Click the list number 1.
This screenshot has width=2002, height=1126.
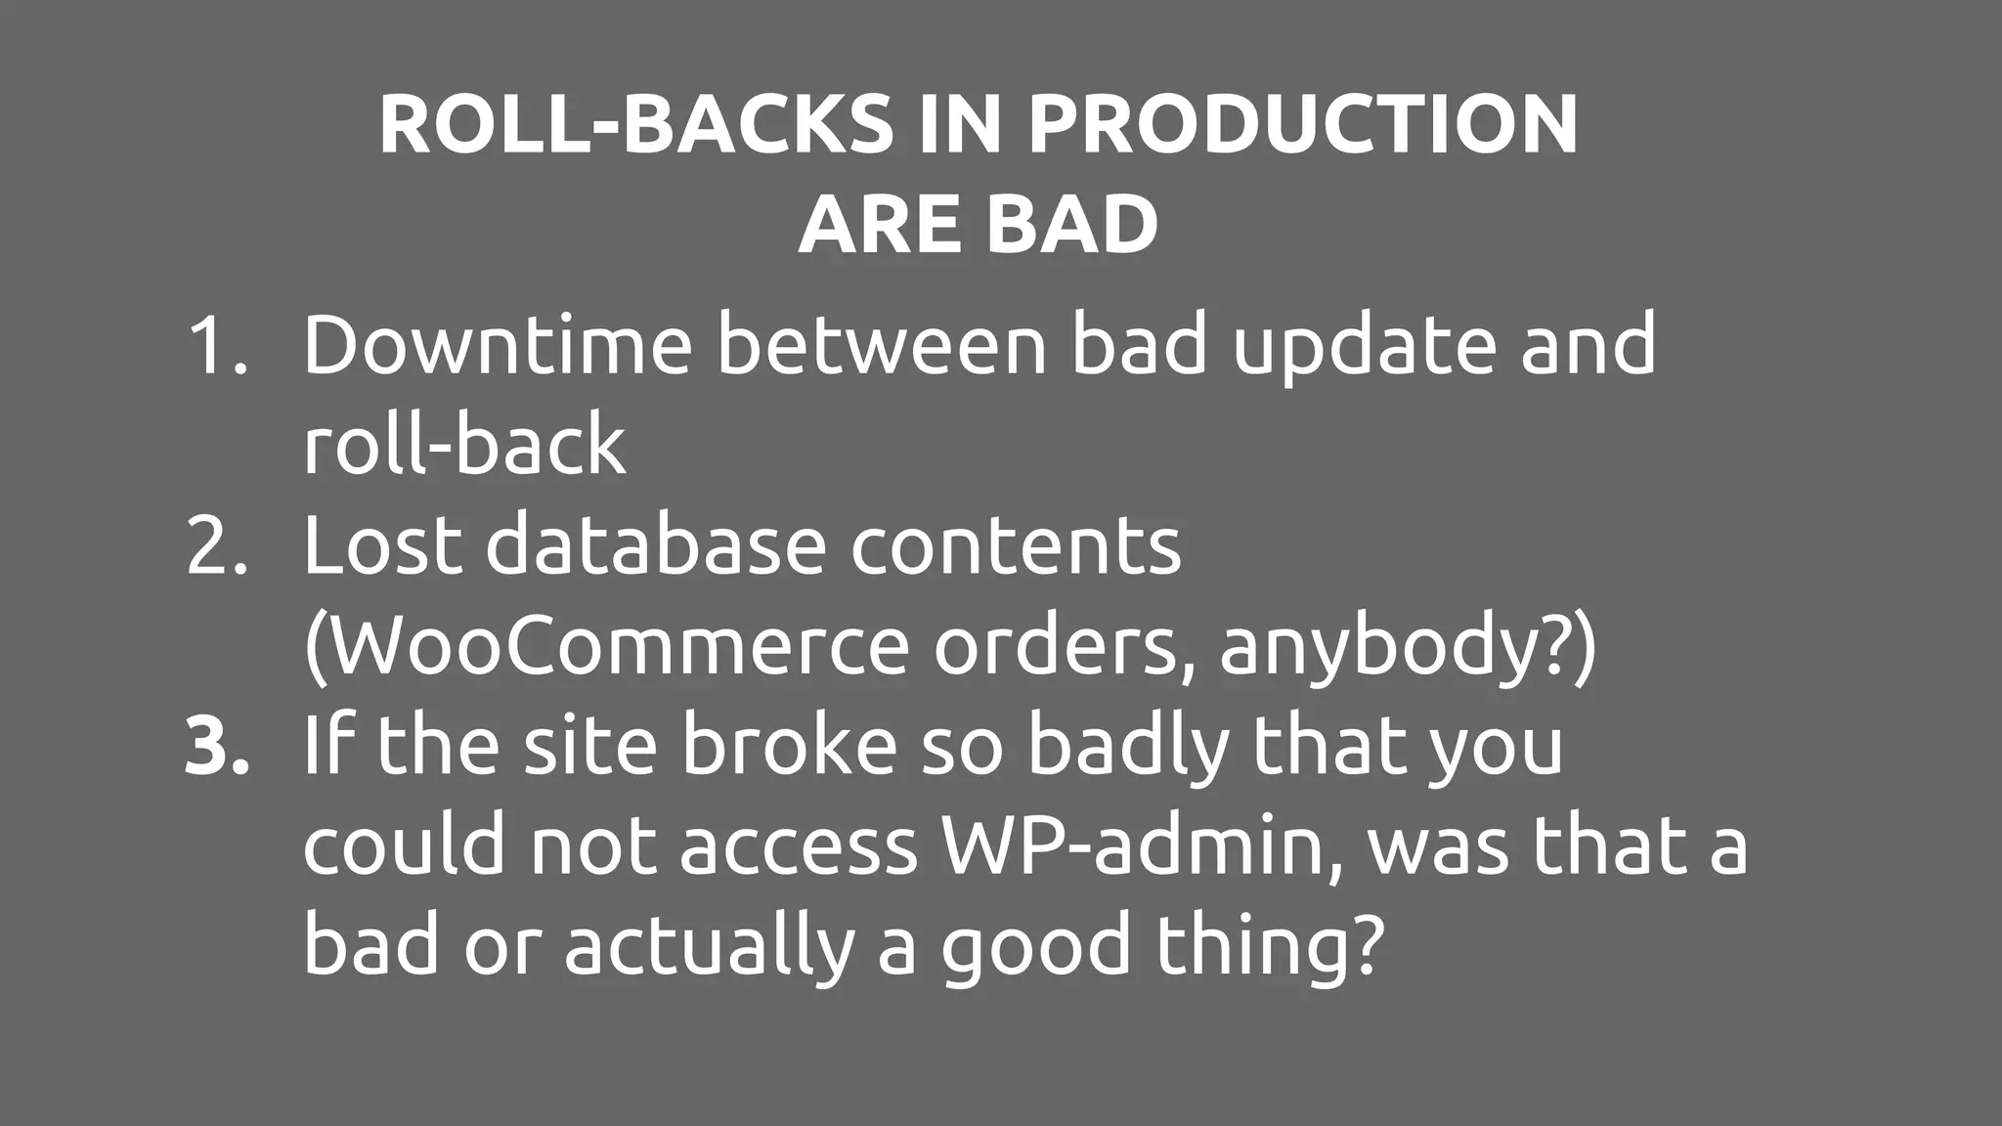[x=216, y=344]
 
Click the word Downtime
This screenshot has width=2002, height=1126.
[x=498, y=344]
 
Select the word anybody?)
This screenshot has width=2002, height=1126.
[x=1408, y=648]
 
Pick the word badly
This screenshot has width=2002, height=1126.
[x=1123, y=748]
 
